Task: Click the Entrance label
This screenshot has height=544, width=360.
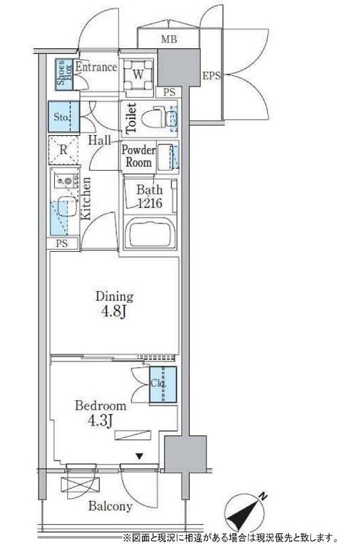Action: (x=96, y=66)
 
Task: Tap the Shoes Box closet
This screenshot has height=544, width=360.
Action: (x=65, y=75)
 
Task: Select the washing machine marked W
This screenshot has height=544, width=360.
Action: (x=138, y=74)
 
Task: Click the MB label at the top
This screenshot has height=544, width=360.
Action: (x=169, y=39)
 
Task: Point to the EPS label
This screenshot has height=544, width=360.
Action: (x=212, y=76)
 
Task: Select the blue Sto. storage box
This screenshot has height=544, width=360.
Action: (x=64, y=117)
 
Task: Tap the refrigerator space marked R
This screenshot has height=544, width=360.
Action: (x=63, y=150)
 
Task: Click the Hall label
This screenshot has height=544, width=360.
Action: (x=99, y=140)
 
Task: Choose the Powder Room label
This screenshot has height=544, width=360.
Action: (x=139, y=156)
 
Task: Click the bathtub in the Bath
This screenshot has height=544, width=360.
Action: (x=150, y=233)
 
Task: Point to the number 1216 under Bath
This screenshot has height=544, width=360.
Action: (x=150, y=203)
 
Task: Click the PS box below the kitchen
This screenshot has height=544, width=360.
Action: (x=62, y=243)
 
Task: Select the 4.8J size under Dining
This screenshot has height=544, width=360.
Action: (x=113, y=313)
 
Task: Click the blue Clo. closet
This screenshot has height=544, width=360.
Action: (x=163, y=385)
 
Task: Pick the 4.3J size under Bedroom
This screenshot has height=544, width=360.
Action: (x=99, y=421)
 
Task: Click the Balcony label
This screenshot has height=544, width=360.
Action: (x=110, y=506)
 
